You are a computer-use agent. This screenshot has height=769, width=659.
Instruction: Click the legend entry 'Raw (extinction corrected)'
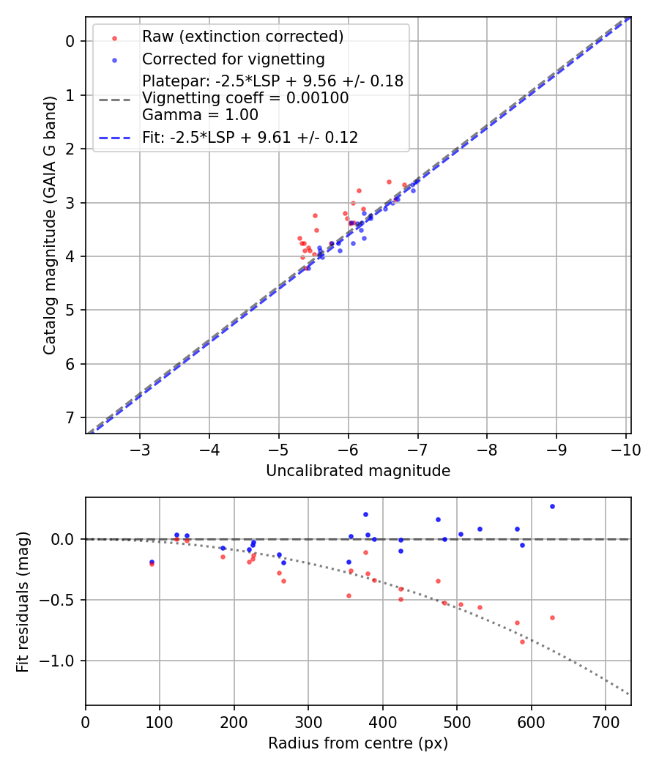[x=242, y=36]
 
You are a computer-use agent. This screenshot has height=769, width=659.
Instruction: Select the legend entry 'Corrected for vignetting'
[x=234, y=59]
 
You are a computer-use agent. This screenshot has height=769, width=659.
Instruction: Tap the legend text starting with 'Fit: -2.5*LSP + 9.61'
[x=250, y=137]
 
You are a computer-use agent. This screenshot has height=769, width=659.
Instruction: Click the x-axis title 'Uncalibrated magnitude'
[x=357, y=471]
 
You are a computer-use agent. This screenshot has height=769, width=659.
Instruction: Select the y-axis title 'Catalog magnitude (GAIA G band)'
[x=50, y=226]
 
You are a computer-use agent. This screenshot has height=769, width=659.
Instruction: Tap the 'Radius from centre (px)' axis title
[x=357, y=743]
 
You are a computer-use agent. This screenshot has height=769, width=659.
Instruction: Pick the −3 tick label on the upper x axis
[x=140, y=450]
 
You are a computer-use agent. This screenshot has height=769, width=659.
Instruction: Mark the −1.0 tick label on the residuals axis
[x=63, y=661]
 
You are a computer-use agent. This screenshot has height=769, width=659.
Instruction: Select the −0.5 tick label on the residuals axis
[x=63, y=600]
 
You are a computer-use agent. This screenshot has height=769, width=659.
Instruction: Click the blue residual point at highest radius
[x=552, y=506]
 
